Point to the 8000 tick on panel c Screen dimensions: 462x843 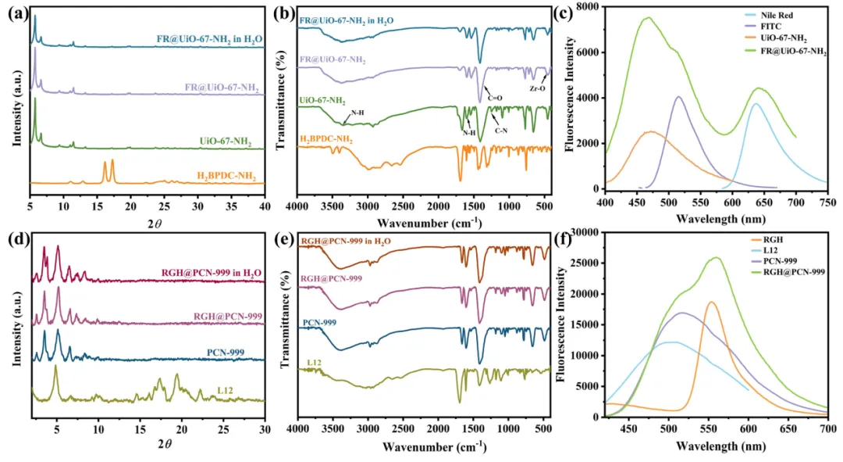tap(586, 7)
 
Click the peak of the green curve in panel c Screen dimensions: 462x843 tap(647, 18)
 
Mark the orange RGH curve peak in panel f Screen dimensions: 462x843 tap(711, 303)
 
